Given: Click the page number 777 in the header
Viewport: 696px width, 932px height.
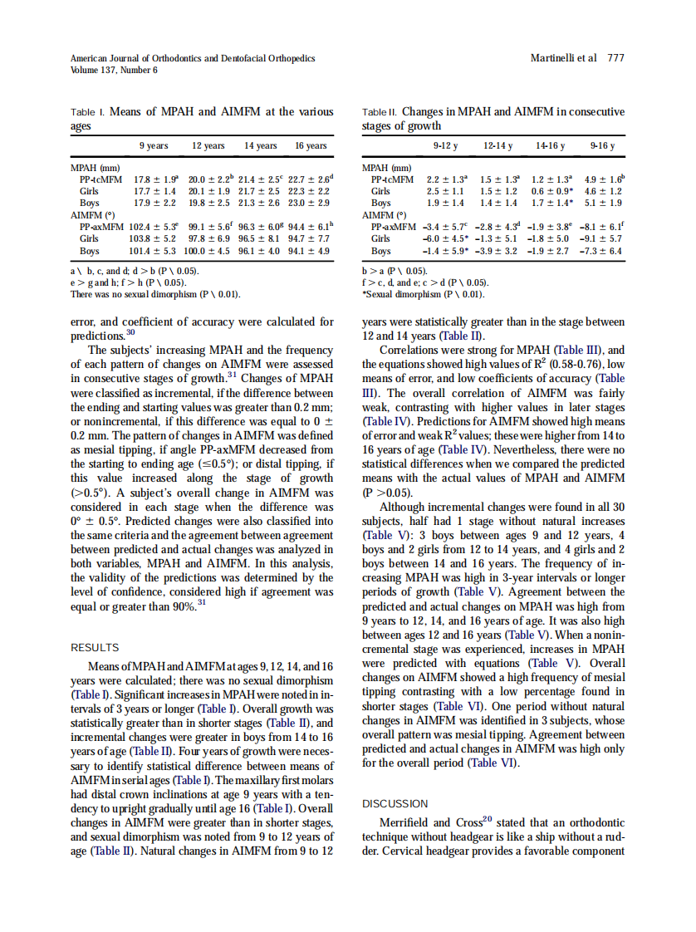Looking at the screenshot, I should point(615,58).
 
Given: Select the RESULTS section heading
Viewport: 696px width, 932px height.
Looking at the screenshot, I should point(95,647).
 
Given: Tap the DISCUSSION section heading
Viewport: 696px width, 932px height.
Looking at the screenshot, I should point(395,803).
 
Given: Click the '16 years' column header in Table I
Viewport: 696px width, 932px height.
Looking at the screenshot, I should point(311,146).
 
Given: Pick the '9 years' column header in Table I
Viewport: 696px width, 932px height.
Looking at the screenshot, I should point(154,146).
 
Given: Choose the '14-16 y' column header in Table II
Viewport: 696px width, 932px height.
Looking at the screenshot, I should point(550,146).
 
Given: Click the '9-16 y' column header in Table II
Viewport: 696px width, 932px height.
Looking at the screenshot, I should point(602,146).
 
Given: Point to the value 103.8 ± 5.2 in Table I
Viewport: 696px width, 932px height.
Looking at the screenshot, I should point(154,238).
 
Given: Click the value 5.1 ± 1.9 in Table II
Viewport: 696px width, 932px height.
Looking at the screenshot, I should point(604,203).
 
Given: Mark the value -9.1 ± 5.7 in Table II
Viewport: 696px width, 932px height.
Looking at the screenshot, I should point(602,238).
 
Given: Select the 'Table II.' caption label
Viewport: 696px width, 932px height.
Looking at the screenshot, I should point(380,112).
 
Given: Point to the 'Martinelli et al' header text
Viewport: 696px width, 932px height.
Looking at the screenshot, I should point(563,58).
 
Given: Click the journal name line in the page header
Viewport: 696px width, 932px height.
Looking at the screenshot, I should point(193,58).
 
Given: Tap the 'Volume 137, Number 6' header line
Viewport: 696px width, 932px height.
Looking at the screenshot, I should point(114,70).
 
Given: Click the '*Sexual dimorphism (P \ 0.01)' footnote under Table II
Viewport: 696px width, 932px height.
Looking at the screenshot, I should point(424,294).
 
